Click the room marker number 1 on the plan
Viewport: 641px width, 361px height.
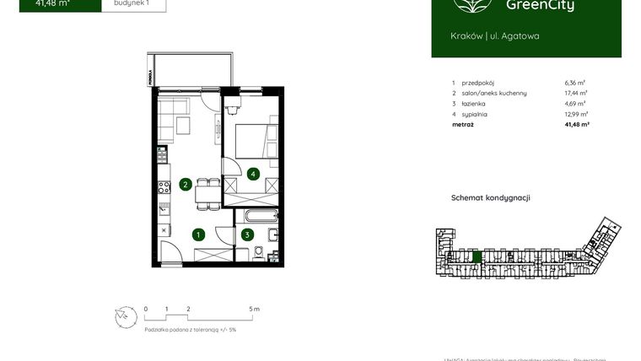199,235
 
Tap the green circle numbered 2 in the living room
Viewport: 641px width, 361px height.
185,186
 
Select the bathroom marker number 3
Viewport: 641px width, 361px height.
247,235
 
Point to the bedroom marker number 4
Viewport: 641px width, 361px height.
252,174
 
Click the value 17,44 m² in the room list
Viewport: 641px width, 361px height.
576,93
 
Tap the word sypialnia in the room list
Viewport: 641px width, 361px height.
476,113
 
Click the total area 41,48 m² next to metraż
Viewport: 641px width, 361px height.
576,124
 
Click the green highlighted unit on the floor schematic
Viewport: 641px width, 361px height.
477,256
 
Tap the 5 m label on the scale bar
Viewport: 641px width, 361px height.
255,309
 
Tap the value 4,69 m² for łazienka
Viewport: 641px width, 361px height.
576,103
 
